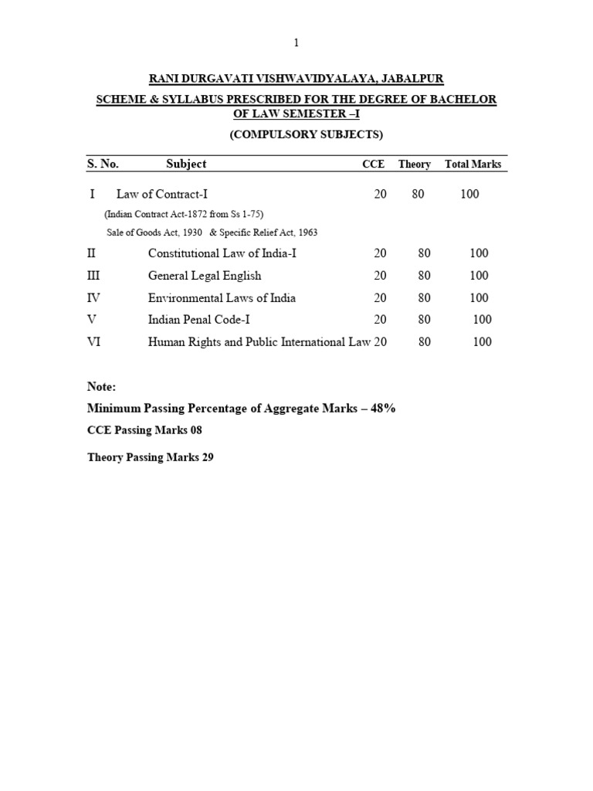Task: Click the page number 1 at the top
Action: click(296, 43)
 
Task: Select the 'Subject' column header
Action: click(186, 164)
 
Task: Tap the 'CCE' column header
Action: click(374, 165)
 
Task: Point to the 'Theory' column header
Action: click(415, 165)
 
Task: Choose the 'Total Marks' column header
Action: click(473, 165)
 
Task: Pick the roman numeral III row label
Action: click(94, 276)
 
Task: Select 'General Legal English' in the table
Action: click(205, 276)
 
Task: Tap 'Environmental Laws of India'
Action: click(222, 298)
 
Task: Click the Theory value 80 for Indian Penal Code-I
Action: click(425, 320)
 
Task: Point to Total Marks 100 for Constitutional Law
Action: click(479, 253)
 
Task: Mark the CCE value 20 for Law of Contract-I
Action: click(380, 195)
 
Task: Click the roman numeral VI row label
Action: click(94, 342)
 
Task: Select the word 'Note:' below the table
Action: click(101, 387)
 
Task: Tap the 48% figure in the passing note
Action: click(383, 408)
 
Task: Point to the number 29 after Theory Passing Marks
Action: click(208, 457)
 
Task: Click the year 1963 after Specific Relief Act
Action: click(306, 233)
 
